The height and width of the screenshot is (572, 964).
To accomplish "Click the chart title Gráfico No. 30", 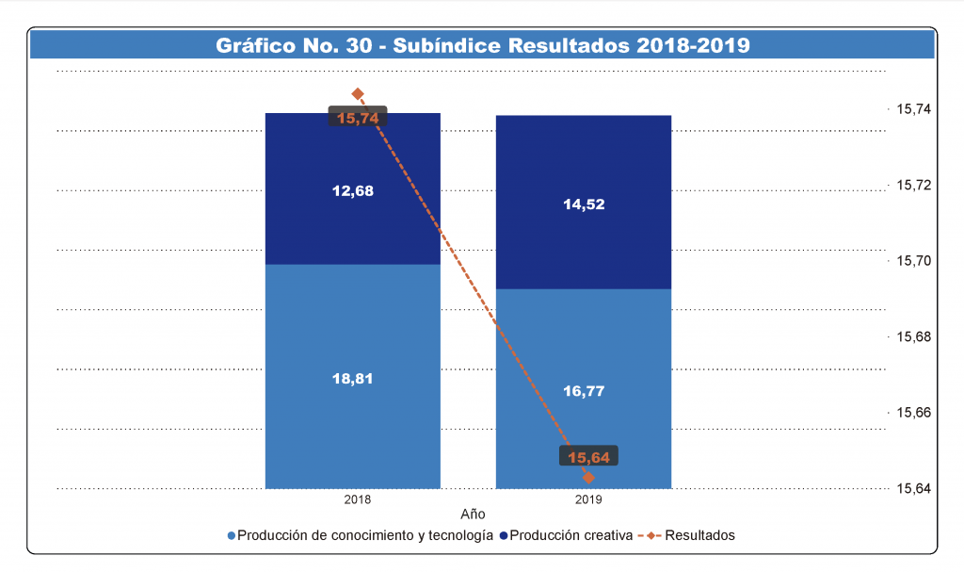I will pyautogui.click(x=482, y=45).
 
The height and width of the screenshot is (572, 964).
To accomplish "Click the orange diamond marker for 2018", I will pyautogui.click(x=358, y=94).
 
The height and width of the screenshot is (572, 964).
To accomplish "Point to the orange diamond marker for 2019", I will pyautogui.click(x=589, y=478).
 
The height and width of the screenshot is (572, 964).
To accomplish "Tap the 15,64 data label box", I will pyautogui.click(x=589, y=457).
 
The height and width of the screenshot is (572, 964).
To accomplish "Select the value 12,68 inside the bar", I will pyautogui.click(x=353, y=191).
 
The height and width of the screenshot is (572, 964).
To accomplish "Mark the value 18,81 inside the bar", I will pyautogui.click(x=353, y=378).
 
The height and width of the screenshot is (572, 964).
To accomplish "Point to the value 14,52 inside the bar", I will pyautogui.click(x=584, y=204).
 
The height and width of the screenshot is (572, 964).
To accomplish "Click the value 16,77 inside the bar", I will pyautogui.click(x=584, y=390).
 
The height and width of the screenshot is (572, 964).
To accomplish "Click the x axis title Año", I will pyautogui.click(x=473, y=515).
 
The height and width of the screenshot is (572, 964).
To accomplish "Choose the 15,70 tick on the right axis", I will pyautogui.click(x=911, y=261).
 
